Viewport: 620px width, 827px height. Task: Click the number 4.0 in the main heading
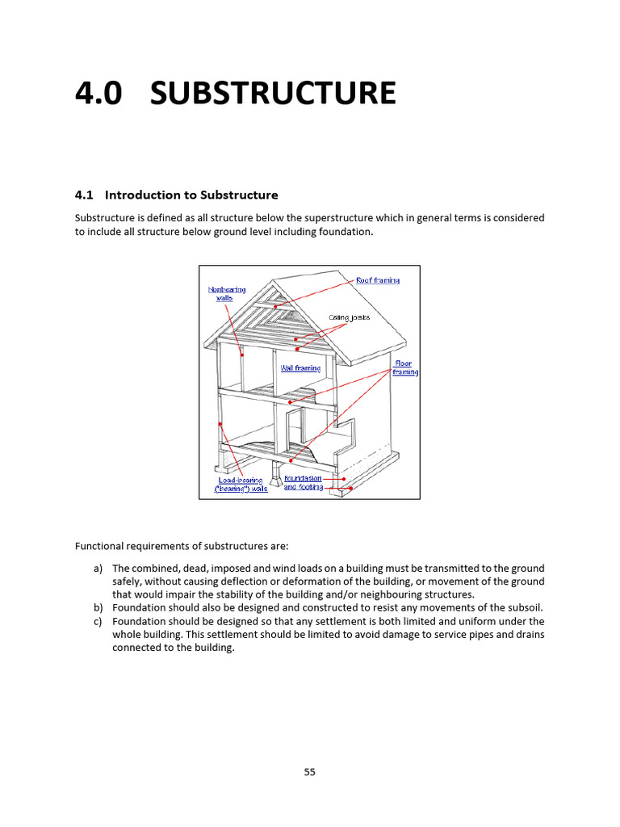[x=98, y=94]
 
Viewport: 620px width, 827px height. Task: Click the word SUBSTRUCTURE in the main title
[x=274, y=94]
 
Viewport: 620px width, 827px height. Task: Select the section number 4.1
[x=85, y=195]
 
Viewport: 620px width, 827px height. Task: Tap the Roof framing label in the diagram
[x=378, y=280]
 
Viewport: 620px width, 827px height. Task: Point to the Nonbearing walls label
[x=227, y=293]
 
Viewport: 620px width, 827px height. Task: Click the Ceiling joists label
[x=349, y=317]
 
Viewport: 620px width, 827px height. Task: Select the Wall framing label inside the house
[x=300, y=368]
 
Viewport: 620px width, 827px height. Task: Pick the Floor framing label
[x=405, y=368]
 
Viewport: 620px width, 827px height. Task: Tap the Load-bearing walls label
[x=241, y=485]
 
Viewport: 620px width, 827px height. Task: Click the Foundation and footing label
[x=303, y=483]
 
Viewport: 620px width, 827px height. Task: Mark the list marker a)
[x=98, y=569]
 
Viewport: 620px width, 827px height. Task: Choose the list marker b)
[x=98, y=607]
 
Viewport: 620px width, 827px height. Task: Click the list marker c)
[x=98, y=621]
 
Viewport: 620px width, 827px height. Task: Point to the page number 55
[x=310, y=772]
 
